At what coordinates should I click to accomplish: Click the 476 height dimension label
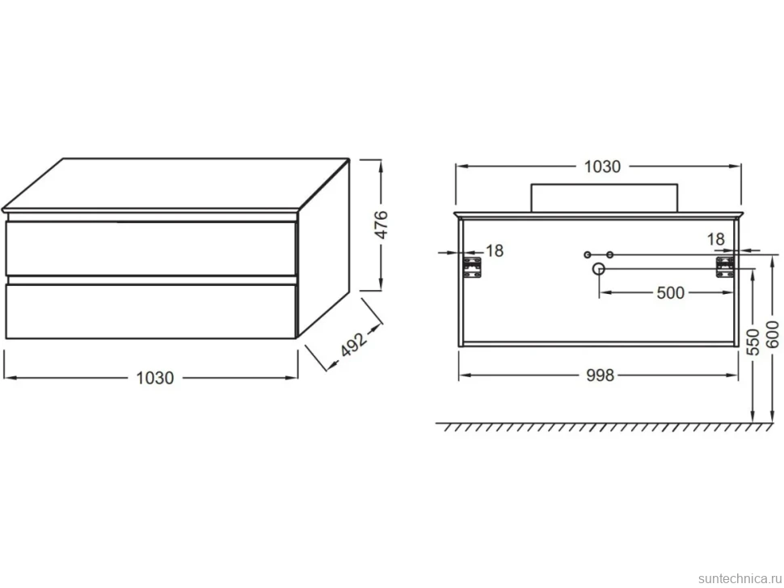[x=381, y=225]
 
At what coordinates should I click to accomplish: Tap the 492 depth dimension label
[x=354, y=343]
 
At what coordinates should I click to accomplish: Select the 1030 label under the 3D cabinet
[x=155, y=378]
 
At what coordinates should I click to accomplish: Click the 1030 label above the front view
[x=602, y=166]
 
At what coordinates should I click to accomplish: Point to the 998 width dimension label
[x=600, y=376]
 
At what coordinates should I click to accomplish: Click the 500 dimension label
[x=670, y=292]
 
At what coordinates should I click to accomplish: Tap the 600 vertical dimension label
[x=773, y=334]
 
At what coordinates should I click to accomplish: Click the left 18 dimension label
[x=494, y=250]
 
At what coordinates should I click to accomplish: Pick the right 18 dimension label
[x=715, y=239]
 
